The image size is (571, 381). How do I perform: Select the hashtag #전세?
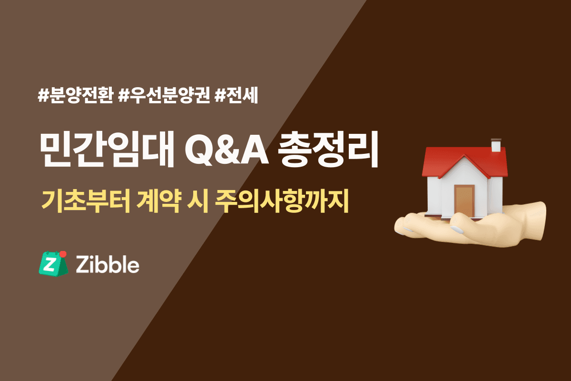pos(236,96)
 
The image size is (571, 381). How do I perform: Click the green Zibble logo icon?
pos(50,263)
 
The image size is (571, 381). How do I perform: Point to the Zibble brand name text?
pos(108,264)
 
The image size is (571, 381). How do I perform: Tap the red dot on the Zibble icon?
pos(63,254)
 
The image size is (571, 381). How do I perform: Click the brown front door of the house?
pos(463,201)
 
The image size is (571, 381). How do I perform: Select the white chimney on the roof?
pos(496,145)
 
